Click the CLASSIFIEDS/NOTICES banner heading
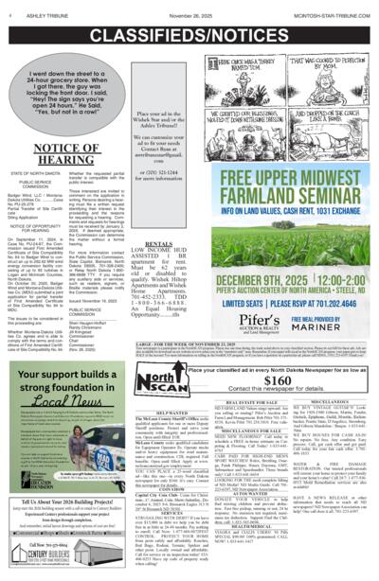[x=189, y=31]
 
